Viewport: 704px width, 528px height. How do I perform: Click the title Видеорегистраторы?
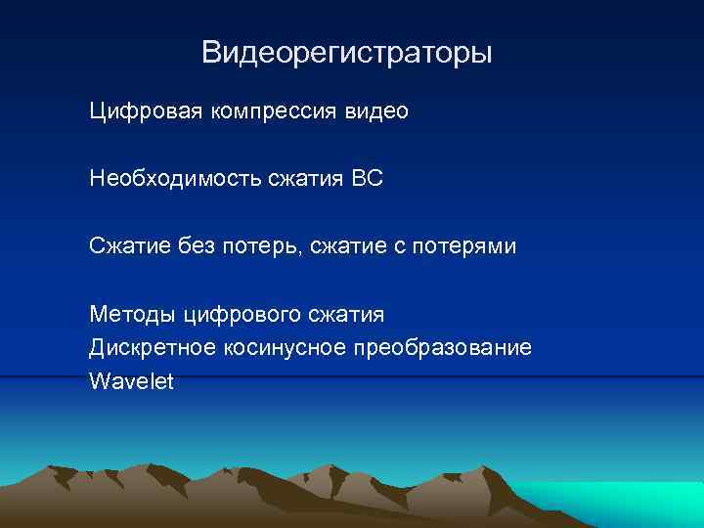(347, 52)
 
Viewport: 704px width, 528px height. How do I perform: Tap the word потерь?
(259, 246)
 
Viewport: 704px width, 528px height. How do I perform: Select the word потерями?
(470, 246)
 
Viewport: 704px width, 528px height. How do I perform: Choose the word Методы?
(128, 314)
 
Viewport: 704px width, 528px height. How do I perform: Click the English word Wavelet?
(131, 380)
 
